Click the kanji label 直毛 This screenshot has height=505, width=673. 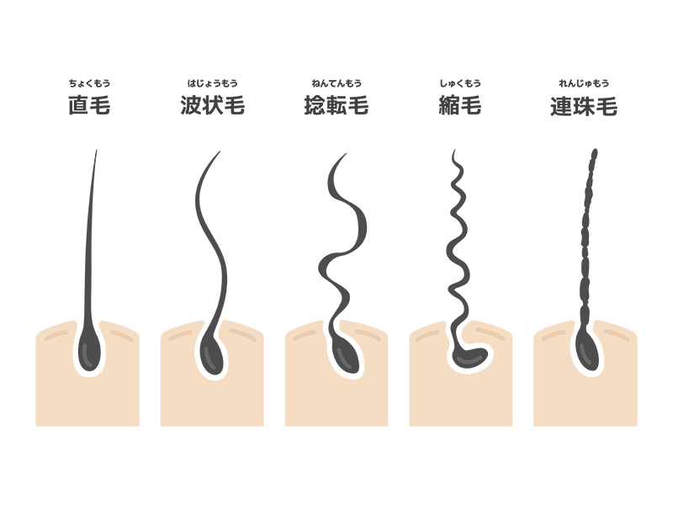89,105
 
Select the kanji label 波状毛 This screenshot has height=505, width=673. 213,105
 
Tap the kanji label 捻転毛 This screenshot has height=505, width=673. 336,105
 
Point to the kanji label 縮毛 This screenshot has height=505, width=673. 459,105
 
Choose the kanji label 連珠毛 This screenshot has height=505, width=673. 584,106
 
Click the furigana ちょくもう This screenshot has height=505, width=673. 89,82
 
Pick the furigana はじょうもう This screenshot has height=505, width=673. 213,82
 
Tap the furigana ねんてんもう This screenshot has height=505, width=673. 336,82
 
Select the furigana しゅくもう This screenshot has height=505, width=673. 459,82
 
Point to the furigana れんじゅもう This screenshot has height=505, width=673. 584,82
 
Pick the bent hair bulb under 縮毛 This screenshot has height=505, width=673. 469,357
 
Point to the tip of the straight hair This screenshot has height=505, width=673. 97,150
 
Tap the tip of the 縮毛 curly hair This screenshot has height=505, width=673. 454,150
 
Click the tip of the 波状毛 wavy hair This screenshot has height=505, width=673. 220,151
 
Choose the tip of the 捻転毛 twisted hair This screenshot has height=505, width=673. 347,153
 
